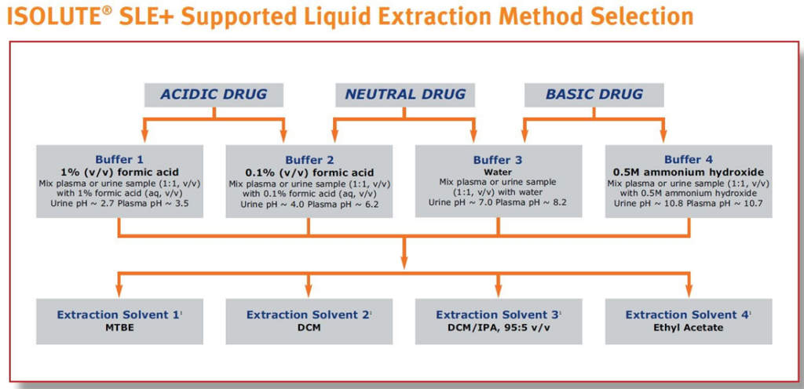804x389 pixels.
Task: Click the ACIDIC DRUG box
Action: [214, 95]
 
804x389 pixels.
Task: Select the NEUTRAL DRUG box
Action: [405, 95]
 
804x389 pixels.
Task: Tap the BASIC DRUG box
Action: [594, 95]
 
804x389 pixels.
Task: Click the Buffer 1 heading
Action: [120, 160]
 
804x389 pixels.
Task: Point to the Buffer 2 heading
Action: [309, 160]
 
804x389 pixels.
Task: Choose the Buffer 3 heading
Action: [498, 160]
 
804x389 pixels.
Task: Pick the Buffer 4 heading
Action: [688, 160]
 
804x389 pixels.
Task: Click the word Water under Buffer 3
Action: [498, 173]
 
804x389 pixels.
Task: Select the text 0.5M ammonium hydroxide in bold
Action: [688, 172]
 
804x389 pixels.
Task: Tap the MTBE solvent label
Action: [120, 328]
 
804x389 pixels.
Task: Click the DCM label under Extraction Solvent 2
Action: [309, 328]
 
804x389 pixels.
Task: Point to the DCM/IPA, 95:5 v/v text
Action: [498, 328]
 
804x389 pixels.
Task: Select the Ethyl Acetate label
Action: [688, 328]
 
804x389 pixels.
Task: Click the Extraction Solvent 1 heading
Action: [119, 314]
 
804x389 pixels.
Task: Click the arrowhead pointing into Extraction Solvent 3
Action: [499, 293]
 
